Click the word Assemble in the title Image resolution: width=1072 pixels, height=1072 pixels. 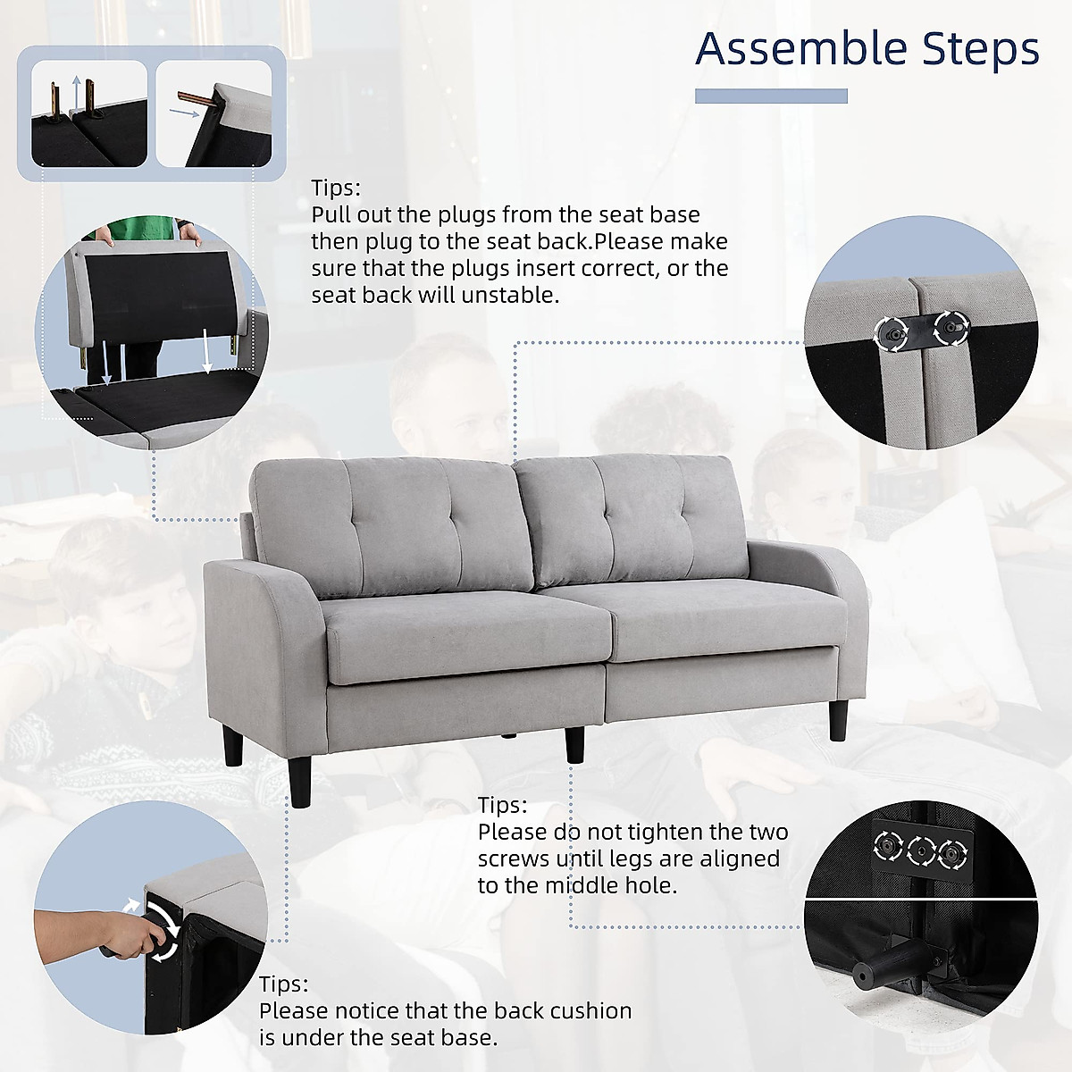pyautogui.click(x=801, y=49)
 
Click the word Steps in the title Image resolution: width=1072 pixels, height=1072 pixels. pyautogui.click(x=981, y=49)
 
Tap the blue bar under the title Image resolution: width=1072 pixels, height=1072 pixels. pyautogui.click(x=771, y=96)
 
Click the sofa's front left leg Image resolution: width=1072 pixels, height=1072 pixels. pyautogui.click(x=300, y=775)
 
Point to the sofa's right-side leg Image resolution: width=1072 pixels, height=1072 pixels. pyautogui.click(x=838, y=720)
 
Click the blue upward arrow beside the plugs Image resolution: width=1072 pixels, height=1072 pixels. pyautogui.click(x=77, y=92)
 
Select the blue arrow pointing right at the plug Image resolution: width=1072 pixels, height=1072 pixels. pyautogui.click(x=184, y=113)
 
